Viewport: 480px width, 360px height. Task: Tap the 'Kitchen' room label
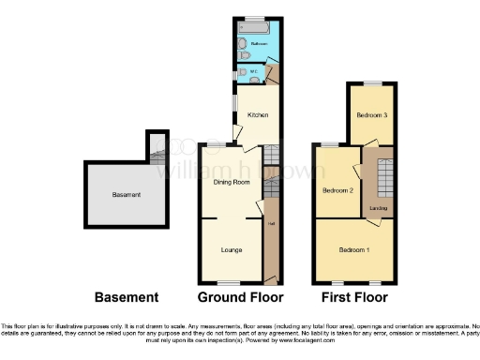click(257, 115)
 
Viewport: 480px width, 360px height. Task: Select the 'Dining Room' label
click(231, 182)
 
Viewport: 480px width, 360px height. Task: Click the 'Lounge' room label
click(231, 250)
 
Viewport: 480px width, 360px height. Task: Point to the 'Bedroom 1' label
click(354, 250)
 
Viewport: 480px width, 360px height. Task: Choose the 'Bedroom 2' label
click(337, 190)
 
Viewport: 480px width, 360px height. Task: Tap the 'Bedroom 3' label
click(370, 115)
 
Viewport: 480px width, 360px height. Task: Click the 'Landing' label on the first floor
click(379, 208)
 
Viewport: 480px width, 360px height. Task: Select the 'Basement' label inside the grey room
click(126, 195)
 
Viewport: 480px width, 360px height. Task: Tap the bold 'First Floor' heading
click(354, 297)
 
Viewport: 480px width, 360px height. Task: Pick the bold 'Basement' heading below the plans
click(126, 297)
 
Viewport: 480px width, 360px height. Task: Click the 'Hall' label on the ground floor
click(272, 223)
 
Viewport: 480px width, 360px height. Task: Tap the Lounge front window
click(229, 283)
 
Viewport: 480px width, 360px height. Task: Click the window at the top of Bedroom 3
click(372, 83)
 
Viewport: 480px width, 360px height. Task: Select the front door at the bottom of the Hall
click(272, 282)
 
